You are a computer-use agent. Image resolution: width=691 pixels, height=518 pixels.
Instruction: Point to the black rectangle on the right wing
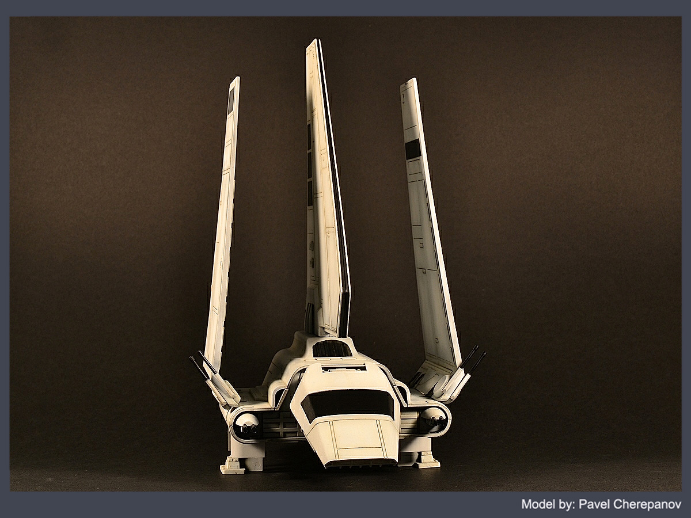pos(413,148)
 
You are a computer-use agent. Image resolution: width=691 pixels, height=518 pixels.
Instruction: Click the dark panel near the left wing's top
pos(231,100)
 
